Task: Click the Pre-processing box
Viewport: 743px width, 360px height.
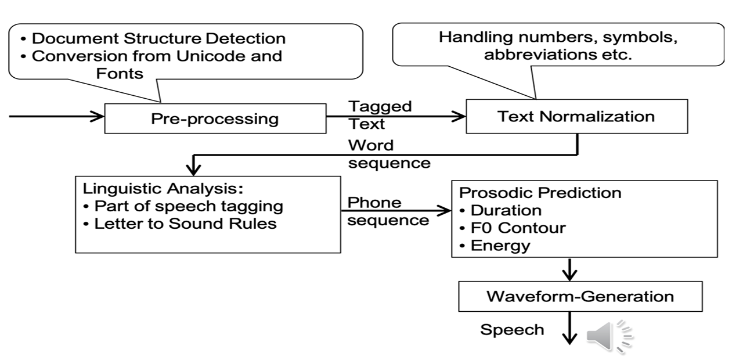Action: pyautogui.click(x=215, y=119)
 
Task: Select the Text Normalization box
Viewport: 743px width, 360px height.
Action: pyautogui.click(x=576, y=116)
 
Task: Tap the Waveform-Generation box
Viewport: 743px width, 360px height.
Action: pyautogui.click(x=580, y=296)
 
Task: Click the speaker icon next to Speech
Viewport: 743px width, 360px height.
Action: pyautogui.click(x=609, y=336)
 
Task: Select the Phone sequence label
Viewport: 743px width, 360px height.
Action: pyautogui.click(x=388, y=211)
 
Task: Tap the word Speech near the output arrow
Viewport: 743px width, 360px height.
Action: pyautogui.click(x=512, y=330)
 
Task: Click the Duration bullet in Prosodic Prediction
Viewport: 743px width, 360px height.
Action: pyautogui.click(x=506, y=210)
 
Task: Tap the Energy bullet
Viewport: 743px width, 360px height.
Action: pyautogui.click(x=500, y=245)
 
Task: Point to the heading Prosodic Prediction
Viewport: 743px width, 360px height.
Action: pyautogui.click(x=540, y=192)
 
